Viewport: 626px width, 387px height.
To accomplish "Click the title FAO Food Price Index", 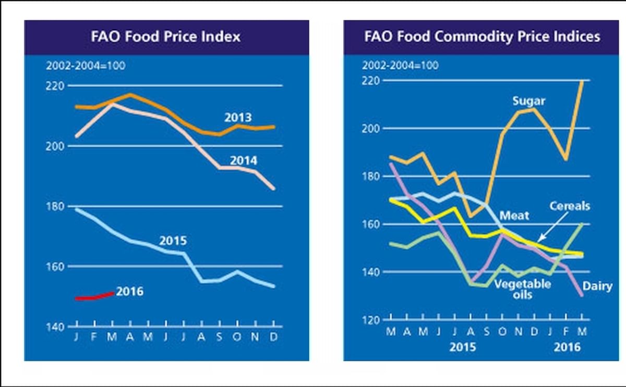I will point(166,37).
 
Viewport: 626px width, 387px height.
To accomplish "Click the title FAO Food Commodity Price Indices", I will point(482,37).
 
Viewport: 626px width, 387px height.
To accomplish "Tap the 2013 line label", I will point(238,118).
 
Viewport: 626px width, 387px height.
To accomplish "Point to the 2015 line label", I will point(173,241).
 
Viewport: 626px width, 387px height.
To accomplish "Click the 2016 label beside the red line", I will point(129,292).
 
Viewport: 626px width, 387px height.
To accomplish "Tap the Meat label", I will point(514,215).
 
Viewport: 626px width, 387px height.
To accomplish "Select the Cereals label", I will point(569,206).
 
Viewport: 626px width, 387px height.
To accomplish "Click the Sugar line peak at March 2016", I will point(582,82).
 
